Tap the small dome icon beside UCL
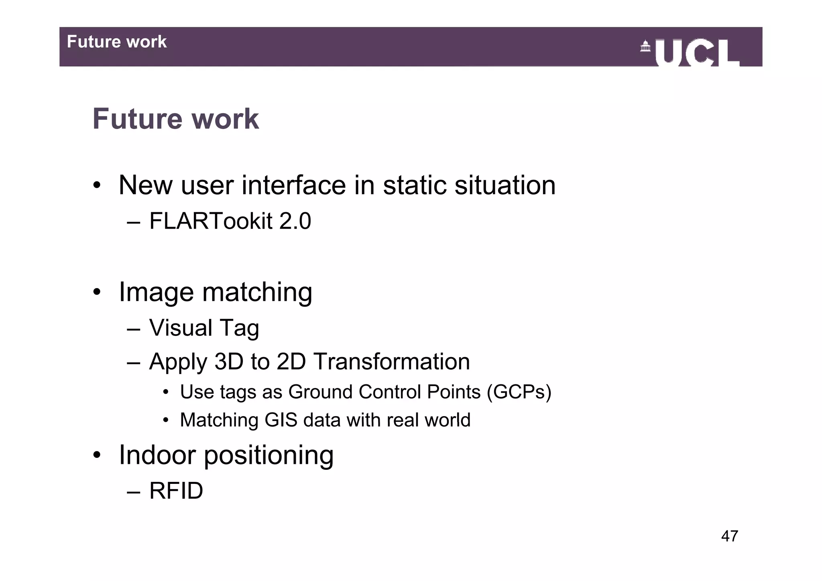(645, 46)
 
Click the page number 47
(729, 536)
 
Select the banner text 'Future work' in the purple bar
(116, 42)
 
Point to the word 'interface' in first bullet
(293, 185)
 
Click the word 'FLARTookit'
(211, 221)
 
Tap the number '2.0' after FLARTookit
(295, 221)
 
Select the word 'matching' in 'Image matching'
(257, 292)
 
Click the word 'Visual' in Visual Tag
(181, 328)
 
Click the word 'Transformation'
(391, 362)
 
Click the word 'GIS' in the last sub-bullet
(281, 420)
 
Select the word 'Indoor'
(157, 455)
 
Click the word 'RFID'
(176, 491)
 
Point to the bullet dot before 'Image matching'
(97, 292)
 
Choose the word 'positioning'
(269, 456)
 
